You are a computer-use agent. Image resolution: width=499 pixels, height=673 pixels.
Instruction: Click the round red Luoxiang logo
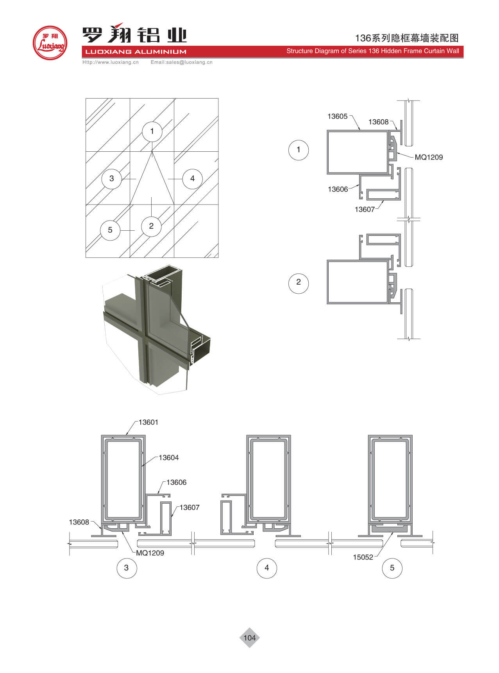[50, 43]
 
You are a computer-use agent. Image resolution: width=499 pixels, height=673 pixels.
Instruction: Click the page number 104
[249, 638]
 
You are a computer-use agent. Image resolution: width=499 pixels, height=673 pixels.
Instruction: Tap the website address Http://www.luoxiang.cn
[111, 62]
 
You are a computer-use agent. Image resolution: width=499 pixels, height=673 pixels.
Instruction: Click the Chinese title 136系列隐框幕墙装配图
[406, 38]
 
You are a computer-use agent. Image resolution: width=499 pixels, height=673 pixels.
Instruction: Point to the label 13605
[338, 116]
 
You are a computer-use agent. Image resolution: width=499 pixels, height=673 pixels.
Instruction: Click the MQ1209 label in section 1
[429, 157]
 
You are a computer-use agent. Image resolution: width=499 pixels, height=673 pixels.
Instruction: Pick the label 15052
[363, 557]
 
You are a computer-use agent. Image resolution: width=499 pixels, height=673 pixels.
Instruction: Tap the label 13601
[148, 422]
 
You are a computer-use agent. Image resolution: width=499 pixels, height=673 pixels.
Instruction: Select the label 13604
[169, 458]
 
